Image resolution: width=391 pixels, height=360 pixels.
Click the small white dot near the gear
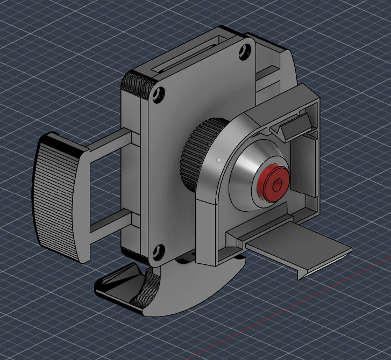pyautogui.click(x=219, y=160)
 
